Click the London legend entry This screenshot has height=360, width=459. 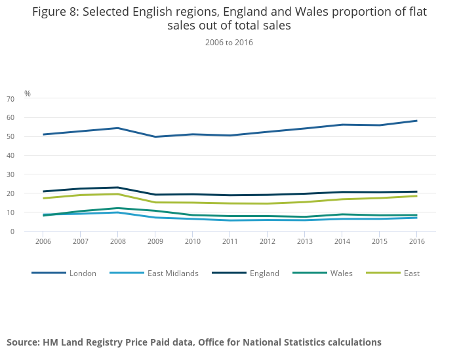pyautogui.click(x=83, y=273)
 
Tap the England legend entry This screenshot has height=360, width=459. pyautogui.click(x=264, y=273)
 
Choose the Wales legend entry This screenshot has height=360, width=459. pyautogui.click(x=341, y=273)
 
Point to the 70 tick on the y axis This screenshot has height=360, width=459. pyautogui.click(x=28, y=99)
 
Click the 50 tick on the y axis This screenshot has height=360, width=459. pyautogui.click(x=28, y=137)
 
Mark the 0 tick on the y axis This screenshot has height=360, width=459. pyautogui.click(x=30, y=231)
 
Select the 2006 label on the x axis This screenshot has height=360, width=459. pyautogui.click(x=43, y=241)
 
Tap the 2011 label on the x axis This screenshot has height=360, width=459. pyautogui.click(x=229, y=241)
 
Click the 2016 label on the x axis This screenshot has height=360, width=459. pyautogui.click(x=416, y=241)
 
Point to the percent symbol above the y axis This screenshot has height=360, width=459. pyautogui.click(x=28, y=94)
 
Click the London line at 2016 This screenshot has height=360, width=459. pyautogui.click(x=416, y=121)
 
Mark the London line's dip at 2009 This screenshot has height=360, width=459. pyautogui.click(x=155, y=136)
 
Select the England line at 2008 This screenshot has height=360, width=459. pyautogui.click(x=117, y=188)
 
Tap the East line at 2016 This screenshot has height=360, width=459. pyautogui.click(x=416, y=196)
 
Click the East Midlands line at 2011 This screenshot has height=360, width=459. pyautogui.click(x=229, y=220)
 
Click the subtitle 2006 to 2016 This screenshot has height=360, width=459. pyautogui.click(x=229, y=43)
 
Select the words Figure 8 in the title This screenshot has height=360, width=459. pyautogui.click(x=55, y=12)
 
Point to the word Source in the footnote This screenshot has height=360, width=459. pyautogui.click(x=24, y=342)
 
